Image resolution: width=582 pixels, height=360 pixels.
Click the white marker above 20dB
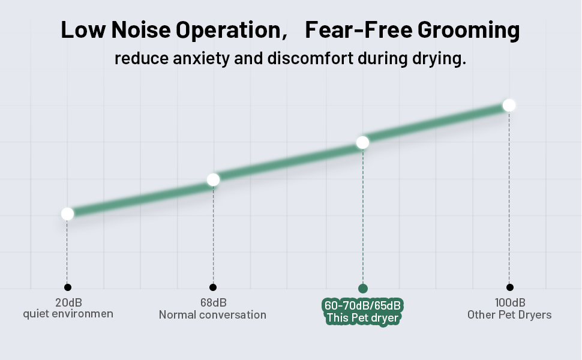pyautogui.click(x=67, y=214)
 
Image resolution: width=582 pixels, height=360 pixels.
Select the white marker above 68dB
pyautogui.click(x=213, y=179)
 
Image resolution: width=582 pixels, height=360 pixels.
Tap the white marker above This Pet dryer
pyautogui.click(x=362, y=142)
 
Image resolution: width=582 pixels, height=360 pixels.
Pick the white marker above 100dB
pyautogui.click(x=509, y=105)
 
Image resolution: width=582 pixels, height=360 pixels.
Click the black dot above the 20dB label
pyautogui.click(x=68, y=287)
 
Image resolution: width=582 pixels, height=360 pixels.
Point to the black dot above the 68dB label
pyautogui.click(x=213, y=287)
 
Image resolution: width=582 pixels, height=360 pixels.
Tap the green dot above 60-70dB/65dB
pyautogui.click(x=362, y=289)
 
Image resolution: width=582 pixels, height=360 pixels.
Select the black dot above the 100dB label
pyautogui.click(x=509, y=287)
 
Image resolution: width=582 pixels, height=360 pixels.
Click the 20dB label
pyautogui.click(x=68, y=302)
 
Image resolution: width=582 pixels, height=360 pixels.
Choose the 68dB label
pyautogui.click(x=213, y=302)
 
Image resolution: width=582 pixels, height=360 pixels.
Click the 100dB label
pyautogui.click(x=509, y=302)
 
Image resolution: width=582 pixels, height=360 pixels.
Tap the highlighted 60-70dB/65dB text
pyautogui.click(x=362, y=305)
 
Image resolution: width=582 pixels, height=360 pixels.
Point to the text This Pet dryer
pyautogui.click(x=362, y=318)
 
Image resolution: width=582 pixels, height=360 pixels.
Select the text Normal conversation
pyautogui.click(x=212, y=314)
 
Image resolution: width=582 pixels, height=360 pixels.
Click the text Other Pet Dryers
pyautogui.click(x=509, y=314)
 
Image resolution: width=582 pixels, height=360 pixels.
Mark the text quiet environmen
pyautogui.click(x=68, y=314)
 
